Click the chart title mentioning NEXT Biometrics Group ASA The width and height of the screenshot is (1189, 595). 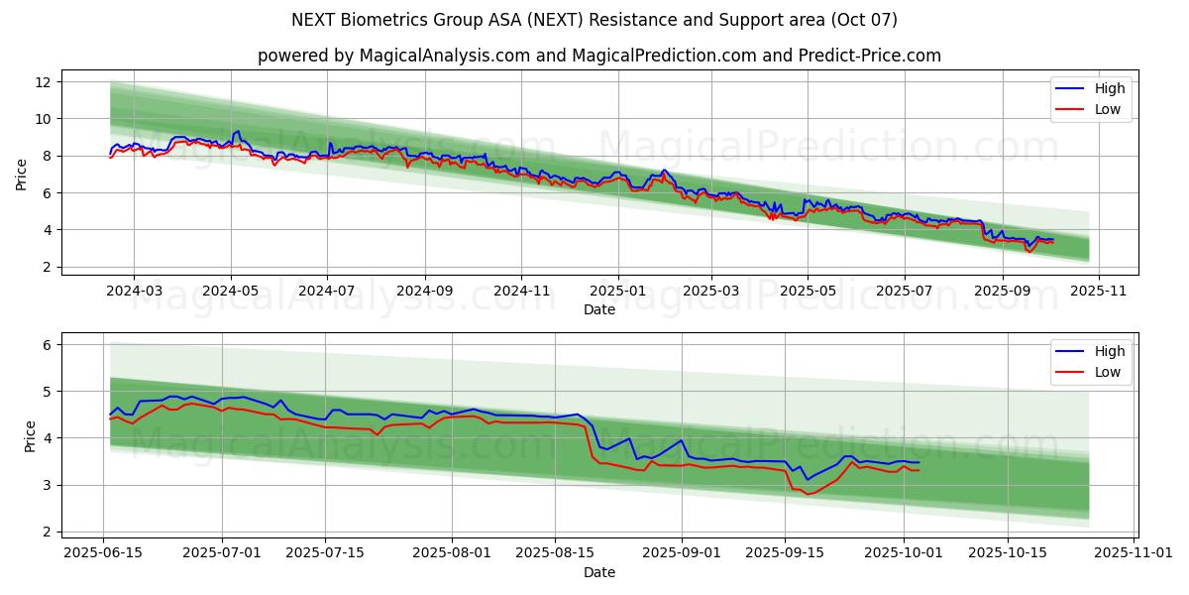pos(594,20)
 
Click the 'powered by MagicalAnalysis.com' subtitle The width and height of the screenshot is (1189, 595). pos(599,56)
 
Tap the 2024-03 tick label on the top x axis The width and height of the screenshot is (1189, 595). pos(134,292)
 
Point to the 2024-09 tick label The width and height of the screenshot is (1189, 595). pos(424,292)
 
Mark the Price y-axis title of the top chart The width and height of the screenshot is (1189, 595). pos(22,175)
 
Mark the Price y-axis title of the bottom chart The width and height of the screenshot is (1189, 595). pos(30,436)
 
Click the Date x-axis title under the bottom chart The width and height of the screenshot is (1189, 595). pos(599,572)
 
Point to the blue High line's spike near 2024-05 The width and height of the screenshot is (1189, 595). pos(237,131)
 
